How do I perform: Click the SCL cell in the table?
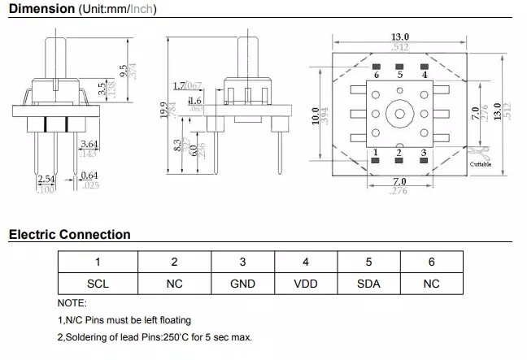(97, 284)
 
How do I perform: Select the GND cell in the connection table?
(242, 284)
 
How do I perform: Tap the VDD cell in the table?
(305, 284)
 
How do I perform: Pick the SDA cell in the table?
(368, 284)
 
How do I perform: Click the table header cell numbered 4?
(305, 262)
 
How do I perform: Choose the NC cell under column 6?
(431, 284)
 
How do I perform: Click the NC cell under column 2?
(174, 284)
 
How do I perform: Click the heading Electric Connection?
(69, 235)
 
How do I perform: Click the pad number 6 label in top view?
(376, 74)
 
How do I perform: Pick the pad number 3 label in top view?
(424, 153)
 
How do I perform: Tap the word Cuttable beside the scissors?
(481, 163)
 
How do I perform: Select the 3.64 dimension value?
(89, 144)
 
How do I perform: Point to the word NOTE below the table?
(72, 302)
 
